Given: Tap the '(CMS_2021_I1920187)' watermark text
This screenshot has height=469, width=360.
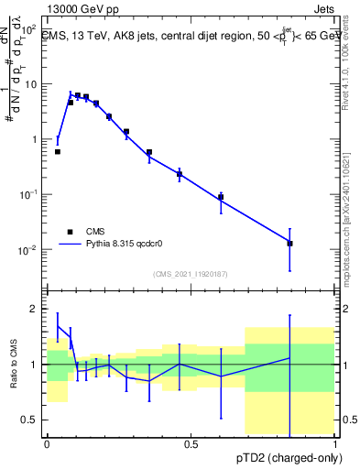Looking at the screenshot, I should tap(191, 273).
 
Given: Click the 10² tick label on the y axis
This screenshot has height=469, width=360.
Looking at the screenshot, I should tap(28, 28).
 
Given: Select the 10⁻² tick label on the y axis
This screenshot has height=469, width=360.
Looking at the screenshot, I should tap(28, 250).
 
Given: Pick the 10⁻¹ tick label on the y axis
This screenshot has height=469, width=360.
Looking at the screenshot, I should tap(28, 195).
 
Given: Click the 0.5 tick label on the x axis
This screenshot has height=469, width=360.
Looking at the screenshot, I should tap(191, 444).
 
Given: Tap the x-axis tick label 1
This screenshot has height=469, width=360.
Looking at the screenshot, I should tap(335, 444).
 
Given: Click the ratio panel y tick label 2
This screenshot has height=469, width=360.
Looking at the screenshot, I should tap(35, 310).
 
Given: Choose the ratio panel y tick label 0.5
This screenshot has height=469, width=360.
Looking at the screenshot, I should tap(30, 420).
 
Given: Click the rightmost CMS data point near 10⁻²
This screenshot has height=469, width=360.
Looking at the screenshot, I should tap(289, 244).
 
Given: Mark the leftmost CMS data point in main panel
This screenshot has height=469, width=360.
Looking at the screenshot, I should tap(58, 152).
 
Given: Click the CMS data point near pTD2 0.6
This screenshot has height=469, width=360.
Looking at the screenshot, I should tap(221, 197).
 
